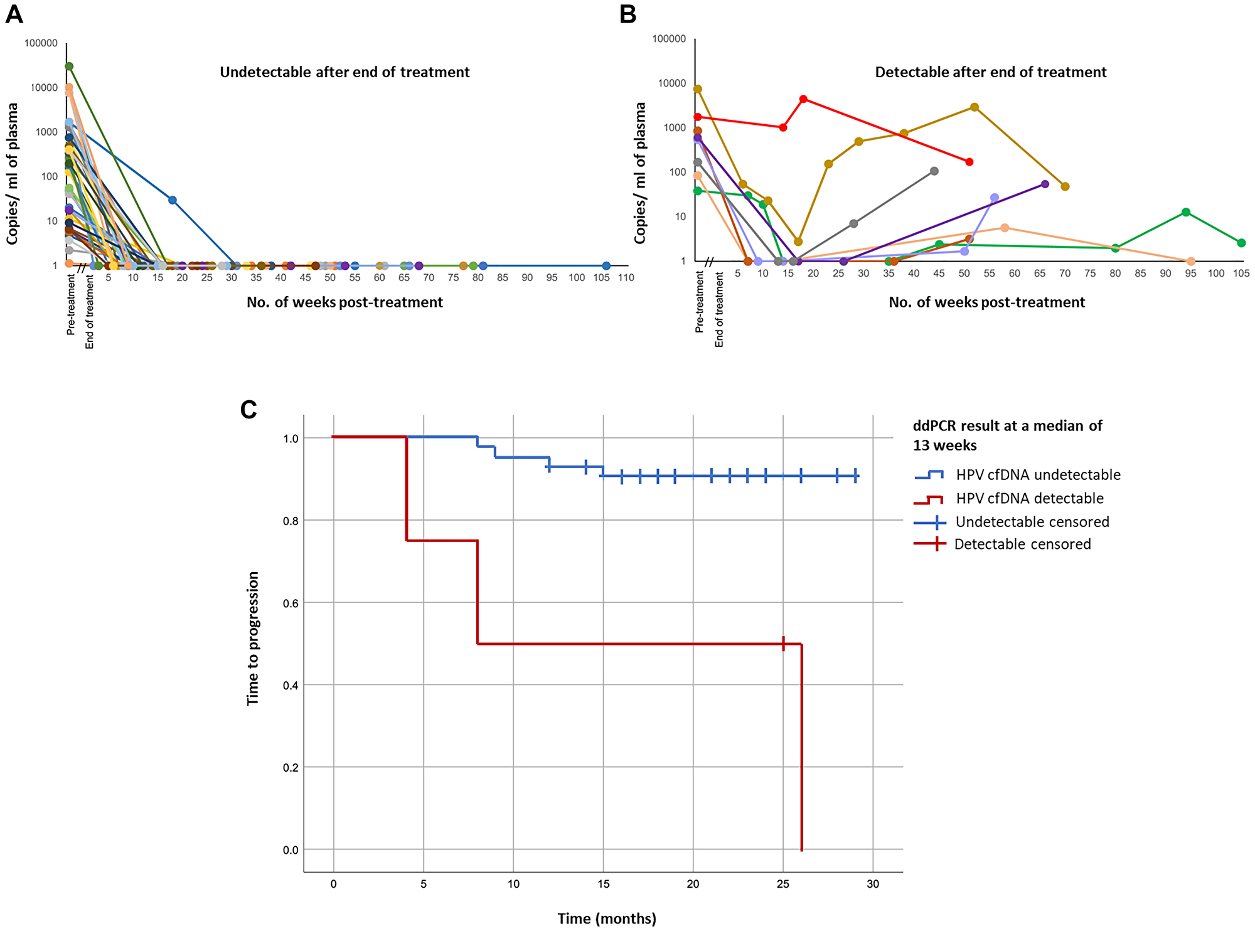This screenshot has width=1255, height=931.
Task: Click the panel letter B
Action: tap(628, 13)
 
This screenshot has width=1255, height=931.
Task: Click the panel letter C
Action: tap(248, 410)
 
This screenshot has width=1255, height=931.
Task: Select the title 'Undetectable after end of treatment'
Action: tap(344, 72)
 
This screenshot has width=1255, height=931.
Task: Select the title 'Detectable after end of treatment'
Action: tap(990, 72)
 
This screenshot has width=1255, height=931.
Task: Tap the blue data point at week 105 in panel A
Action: tap(606, 266)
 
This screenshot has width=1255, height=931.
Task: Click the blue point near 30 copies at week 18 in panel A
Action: tap(172, 200)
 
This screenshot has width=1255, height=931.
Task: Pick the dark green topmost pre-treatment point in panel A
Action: tap(69, 66)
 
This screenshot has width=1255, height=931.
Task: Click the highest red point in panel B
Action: tap(803, 99)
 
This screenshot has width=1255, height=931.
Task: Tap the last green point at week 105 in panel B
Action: tap(1241, 243)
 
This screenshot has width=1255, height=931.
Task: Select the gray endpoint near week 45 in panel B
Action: tap(934, 171)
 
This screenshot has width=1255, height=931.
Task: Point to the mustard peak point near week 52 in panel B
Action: tap(975, 107)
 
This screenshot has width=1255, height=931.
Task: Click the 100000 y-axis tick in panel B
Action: tap(669, 39)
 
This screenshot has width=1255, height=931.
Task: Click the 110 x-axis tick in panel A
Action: tap(626, 278)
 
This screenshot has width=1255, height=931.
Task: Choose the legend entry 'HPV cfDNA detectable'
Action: tap(1029, 499)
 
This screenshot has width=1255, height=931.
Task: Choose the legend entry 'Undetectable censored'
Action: tap(1032, 522)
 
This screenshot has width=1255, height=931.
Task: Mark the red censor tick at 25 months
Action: tap(783, 644)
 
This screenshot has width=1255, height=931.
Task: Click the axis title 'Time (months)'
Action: tap(607, 918)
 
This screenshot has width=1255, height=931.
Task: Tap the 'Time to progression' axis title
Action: tap(253, 639)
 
